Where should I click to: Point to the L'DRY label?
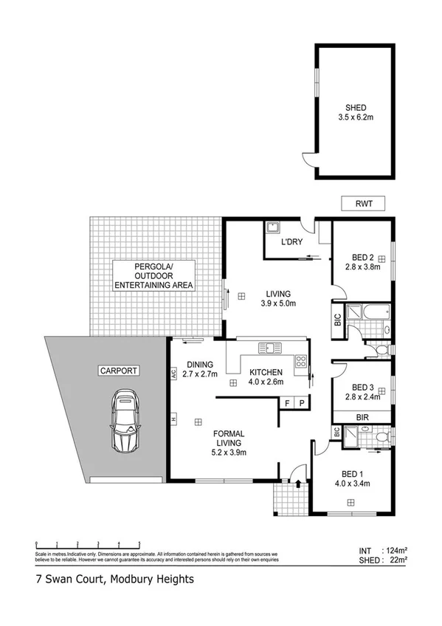(x=290, y=243)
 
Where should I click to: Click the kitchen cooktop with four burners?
(x=301, y=361)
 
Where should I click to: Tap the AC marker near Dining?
(x=174, y=374)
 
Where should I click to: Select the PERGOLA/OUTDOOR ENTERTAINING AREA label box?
(x=153, y=275)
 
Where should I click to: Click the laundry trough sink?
(x=272, y=227)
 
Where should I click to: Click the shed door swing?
(x=308, y=159)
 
